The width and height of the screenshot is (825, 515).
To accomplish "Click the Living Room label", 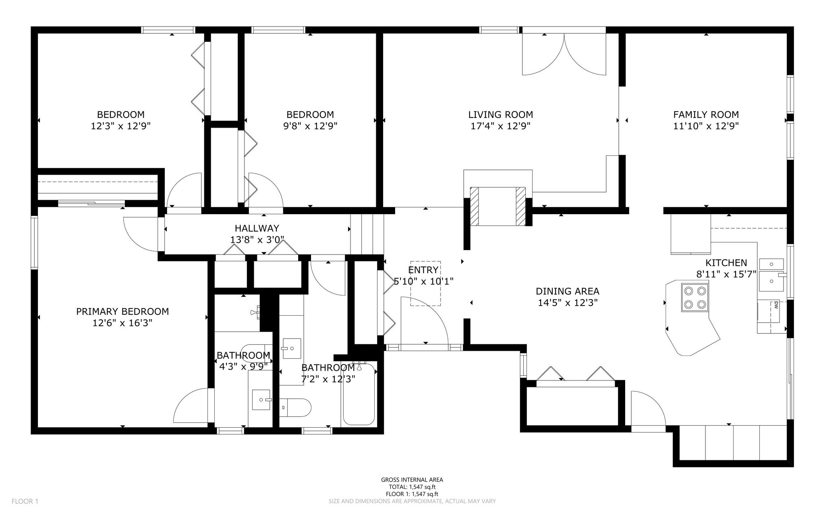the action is (500, 115).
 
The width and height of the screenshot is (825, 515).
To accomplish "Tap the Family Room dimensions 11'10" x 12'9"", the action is (706, 126).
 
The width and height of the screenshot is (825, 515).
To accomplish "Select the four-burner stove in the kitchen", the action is (695, 297).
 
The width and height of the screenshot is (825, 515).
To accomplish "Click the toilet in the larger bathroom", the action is (295, 407).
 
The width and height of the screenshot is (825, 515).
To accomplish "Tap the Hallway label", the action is (257, 229).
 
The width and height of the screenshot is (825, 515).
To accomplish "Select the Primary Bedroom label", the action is (122, 311).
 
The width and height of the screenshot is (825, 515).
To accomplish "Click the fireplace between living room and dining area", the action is (498, 206).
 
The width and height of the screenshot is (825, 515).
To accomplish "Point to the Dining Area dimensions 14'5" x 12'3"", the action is (568, 303).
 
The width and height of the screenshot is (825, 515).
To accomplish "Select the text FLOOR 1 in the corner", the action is (25, 501).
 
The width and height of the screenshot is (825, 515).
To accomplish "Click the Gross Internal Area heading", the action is (412, 480).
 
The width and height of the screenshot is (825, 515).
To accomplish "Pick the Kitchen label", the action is (726, 263).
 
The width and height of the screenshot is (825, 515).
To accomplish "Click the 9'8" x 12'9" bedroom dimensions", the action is (310, 126).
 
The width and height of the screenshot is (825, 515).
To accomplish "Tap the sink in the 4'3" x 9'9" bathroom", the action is (261, 399).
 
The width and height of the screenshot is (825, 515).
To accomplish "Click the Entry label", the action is (423, 270).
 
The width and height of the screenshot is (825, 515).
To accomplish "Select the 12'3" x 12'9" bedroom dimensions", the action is (121, 126).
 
